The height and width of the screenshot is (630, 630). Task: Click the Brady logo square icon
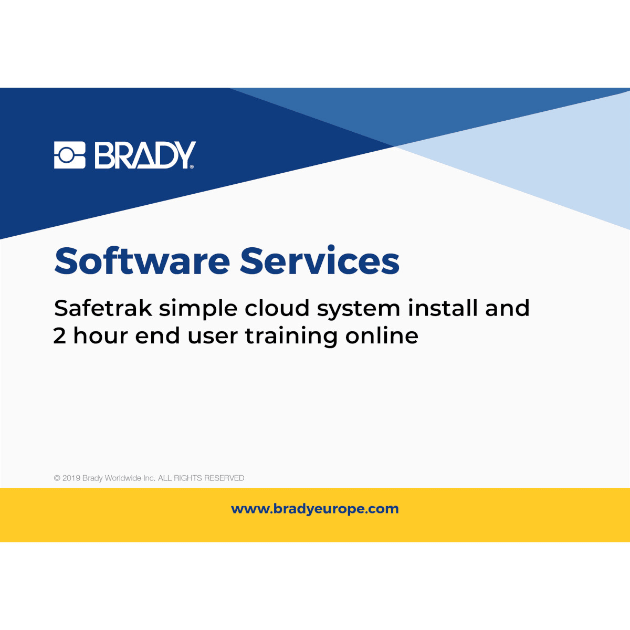coord(69,155)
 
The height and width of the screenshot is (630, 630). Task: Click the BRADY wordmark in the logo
coord(144,155)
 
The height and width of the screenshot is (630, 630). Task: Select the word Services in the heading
coord(320,261)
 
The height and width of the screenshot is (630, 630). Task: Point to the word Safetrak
coord(103,308)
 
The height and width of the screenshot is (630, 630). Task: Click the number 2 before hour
coord(59,336)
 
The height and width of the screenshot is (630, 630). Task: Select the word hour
coord(100,336)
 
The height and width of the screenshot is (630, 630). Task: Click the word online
coord(382,336)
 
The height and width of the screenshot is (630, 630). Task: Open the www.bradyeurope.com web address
coord(315,509)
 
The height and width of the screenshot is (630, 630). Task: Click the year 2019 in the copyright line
coord(71,478)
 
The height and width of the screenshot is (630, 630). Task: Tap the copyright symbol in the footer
coord(57,478)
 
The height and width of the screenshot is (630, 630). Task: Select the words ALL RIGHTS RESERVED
coord(201,478)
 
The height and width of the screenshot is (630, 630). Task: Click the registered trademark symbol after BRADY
coord(192,167)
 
